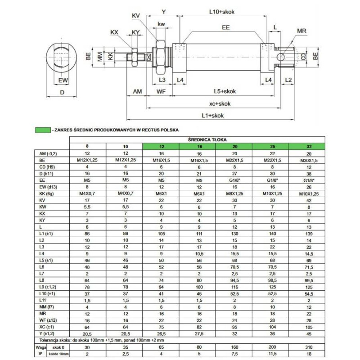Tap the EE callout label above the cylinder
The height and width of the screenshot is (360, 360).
coord(226,28)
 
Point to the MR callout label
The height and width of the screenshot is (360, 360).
coord(302,31)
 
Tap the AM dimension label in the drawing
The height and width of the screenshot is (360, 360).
coord(137,91)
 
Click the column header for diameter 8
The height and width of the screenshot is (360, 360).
coord(87,147)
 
